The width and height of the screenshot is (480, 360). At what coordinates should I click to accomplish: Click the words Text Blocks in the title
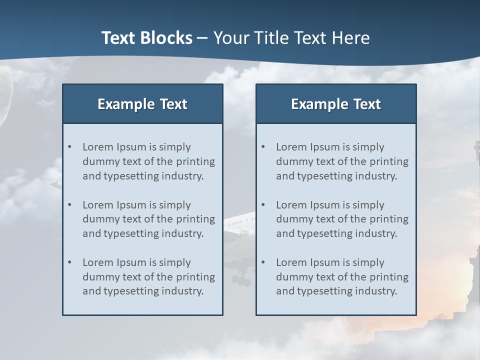pos(146,38)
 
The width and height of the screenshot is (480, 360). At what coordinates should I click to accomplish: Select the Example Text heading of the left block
pos(142,104)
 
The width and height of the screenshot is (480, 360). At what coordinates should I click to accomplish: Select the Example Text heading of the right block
pos(336,104)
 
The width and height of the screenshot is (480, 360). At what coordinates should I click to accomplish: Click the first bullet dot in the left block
pos(70,147)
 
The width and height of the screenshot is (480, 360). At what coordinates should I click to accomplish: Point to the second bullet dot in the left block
pos(70,205)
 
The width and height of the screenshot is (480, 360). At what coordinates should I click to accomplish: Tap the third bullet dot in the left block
pos(70,262)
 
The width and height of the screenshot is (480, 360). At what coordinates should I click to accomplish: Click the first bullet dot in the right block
pos(263,147)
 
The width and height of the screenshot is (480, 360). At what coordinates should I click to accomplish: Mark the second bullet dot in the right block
pos(263,205)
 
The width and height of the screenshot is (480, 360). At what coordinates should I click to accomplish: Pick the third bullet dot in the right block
pos(263,262)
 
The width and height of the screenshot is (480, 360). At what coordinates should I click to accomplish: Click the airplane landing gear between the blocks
pos(241,280)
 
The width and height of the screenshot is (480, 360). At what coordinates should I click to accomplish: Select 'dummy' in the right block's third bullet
pos(293,277)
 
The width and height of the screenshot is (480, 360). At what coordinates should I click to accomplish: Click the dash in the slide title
pos(203,38)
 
